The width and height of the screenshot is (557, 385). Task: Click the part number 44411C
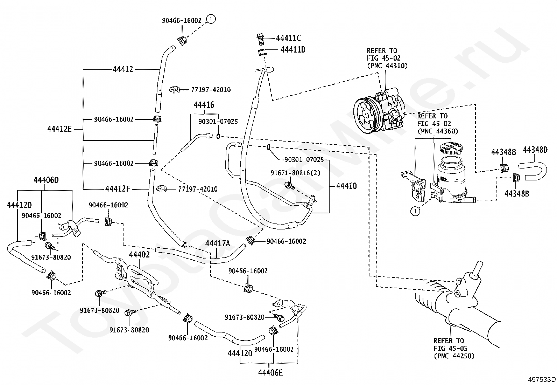[288, 38]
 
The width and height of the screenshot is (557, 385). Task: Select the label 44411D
[293, 50]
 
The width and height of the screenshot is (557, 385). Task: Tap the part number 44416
[204, 105]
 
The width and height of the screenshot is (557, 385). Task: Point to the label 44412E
[59, 129]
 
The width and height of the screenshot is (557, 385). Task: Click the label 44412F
[118, 189]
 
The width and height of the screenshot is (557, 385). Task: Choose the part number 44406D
[46, 180]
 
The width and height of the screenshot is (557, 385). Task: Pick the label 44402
[140, 255]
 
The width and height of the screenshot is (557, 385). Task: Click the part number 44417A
[218, 243]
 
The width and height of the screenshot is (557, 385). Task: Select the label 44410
[347, 186]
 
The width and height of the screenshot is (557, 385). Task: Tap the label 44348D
[535, 150]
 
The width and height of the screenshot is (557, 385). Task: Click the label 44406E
[270, 372]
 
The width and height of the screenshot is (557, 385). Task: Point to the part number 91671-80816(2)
[295, 173]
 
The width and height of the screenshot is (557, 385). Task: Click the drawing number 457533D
[542, 379]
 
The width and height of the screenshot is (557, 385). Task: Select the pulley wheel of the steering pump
[366, 116]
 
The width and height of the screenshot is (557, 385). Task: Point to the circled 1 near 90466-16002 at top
[211, 19]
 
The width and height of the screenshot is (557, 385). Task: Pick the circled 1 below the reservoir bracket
[415, 211]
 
